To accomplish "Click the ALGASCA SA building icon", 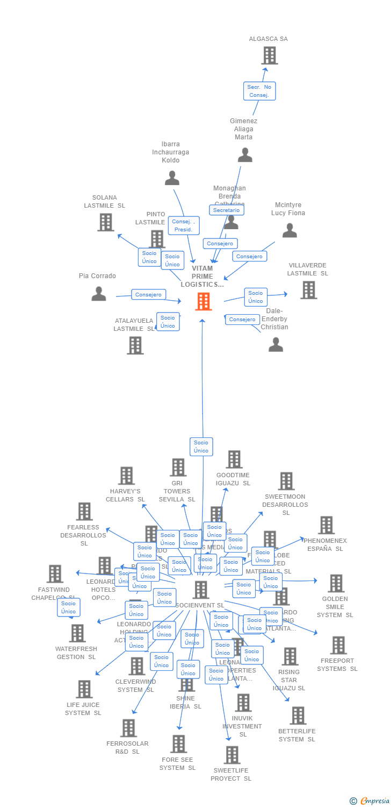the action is pyautogui.click(x=269, y=55).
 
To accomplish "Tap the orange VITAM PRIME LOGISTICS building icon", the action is pyautogui.click(x=203, y=302).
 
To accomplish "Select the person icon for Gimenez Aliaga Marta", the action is pyautogui.click(x=245, y=155).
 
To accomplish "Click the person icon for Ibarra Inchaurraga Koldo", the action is pyautogui.click(x=172, y=178).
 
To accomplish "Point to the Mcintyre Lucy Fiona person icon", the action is pyautogui.click(x=289, y=231).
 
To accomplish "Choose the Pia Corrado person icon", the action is pyautogui.click(x=99, y=294).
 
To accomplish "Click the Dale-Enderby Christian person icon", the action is pyautogui.click(x=276, y=344).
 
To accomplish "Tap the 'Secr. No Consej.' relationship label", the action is pyautogui.click(x=259, y=91).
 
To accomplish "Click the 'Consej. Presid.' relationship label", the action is pyautogui.click(x=184, y=225).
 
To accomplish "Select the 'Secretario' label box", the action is pyautogui.click(x=226, y=210).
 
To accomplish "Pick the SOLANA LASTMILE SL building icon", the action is pyautogui.click(x=106, y=222).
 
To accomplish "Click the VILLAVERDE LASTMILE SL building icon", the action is pyautogui.click(x=308, y=290).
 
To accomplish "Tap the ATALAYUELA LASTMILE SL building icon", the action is pyautogui.click(x=135, y=345).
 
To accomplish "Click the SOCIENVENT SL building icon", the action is pyautogui.click(x=201, y=590).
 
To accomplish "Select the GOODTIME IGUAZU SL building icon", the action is pyautogui.click(x=234, y=459).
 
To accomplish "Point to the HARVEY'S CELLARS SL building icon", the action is pyautogui.click(x=127, y=476).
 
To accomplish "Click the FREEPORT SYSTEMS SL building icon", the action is pyautogui.click(x=338, y=645).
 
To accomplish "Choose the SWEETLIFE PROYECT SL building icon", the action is pyautogui.click(x=232, y=755).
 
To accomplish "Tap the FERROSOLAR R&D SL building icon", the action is pyautogui.click(x=128, y=728).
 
